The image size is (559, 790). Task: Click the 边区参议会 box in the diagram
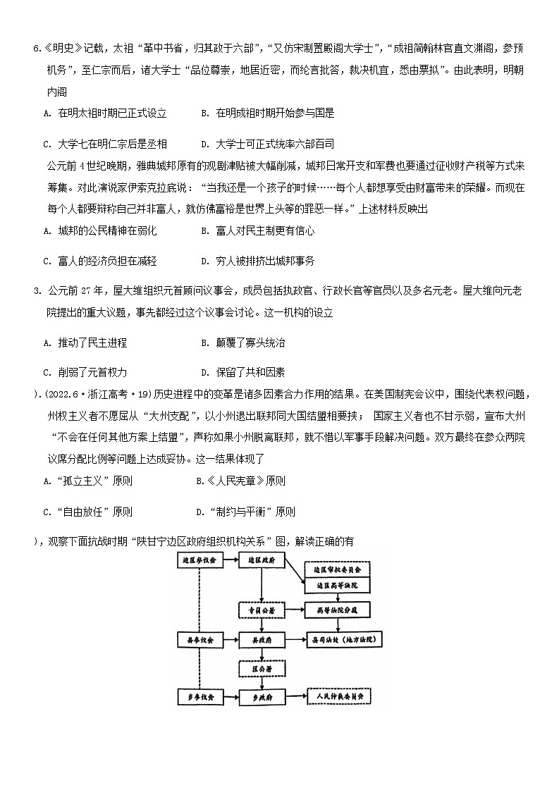[x=199, y=560]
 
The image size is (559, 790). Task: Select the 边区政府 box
[x=262, y=560]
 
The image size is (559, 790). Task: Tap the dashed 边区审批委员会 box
[x=337, y=569]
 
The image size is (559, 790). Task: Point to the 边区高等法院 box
[x=337, y=586]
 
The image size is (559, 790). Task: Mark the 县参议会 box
[x=199, y=640]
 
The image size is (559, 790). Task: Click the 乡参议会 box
[x=199, y=696]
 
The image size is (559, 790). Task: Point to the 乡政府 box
[x=262, y=696]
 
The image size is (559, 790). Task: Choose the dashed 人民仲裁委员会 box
[x=341, y=696]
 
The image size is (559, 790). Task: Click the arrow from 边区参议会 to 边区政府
[x=231, y=560]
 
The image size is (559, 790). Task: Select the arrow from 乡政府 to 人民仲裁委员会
[x=295, y=696]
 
